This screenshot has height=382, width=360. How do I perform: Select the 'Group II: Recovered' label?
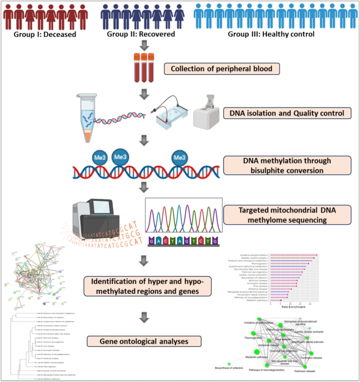141,34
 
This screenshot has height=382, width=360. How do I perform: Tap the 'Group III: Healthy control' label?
271,34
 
